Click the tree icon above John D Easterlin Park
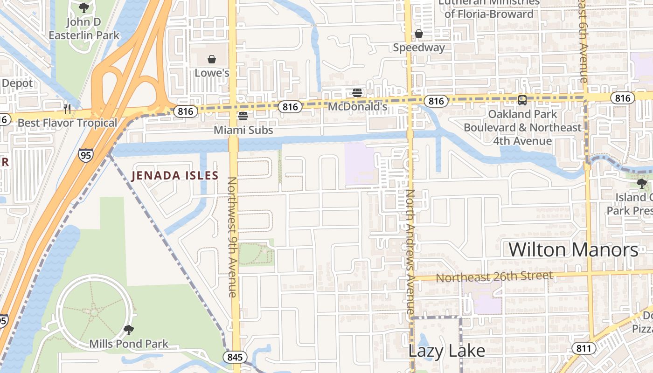[x=84, y=7]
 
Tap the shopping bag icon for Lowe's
[x=212, y=59]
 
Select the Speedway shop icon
[x=418, y=34]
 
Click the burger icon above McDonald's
[x=357, y=92]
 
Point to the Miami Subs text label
[x=243, y=130]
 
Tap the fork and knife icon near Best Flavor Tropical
[x=67, y=109]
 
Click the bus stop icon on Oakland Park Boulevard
[x=522, y=100]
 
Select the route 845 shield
[x=235, y=357]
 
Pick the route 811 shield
[x=583, y=348]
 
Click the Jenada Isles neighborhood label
[x=175, y=176]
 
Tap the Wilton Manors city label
[x=573, y=250]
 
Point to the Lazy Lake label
[x=446, y=351]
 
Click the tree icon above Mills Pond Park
[x=128, y=331]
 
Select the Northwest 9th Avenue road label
[x=232, y=237]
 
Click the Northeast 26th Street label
[x=494, y=277]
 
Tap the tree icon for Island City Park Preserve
[x=642, y=184]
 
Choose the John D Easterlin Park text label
[x=84, y=28]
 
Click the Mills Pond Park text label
[x=129, y=345]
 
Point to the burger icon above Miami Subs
[x=243, y=116]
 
